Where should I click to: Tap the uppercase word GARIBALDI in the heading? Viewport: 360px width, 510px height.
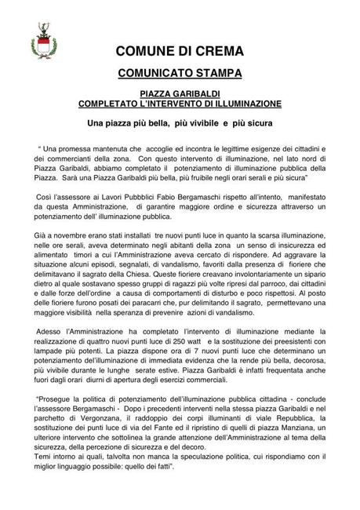tap(198, 93)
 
